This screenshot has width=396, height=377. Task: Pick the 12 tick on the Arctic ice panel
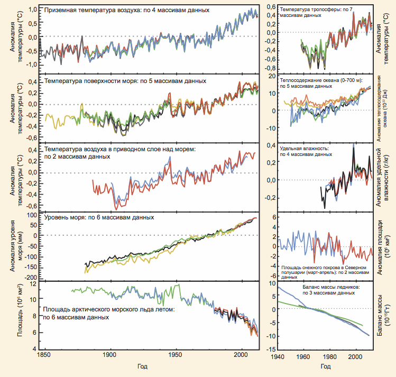39,284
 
